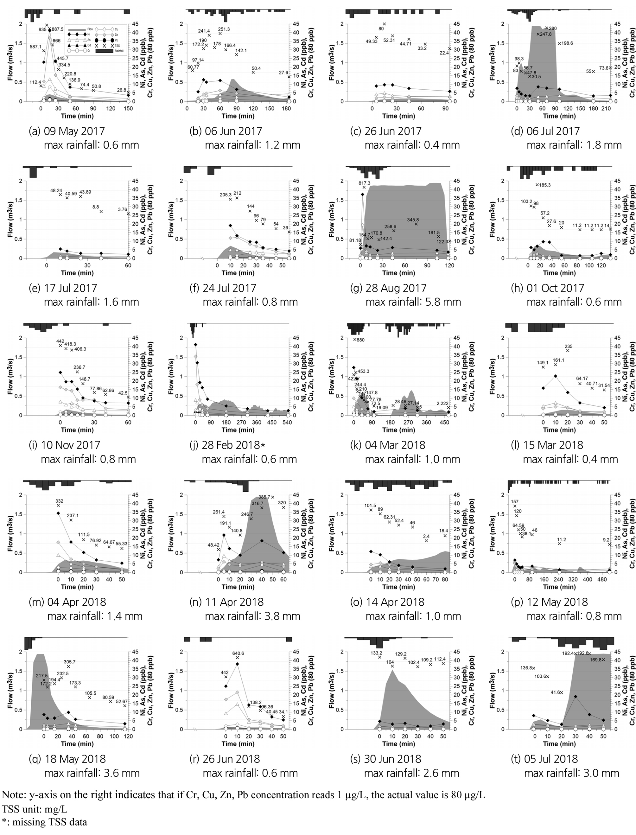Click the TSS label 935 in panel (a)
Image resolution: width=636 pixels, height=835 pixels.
pos(42,29)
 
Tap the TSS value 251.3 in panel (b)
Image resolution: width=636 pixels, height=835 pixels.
pos(224,29)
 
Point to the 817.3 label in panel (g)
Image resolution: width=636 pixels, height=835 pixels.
pos(364,183)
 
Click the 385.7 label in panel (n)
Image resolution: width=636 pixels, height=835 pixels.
pos(264,497)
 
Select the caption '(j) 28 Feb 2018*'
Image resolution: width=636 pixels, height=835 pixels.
pos(227,445)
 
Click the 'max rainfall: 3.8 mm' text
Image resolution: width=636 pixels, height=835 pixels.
pos(252,616)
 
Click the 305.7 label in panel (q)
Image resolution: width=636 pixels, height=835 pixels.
pos(70,662)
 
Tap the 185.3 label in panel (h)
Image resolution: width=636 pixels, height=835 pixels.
pos(545,185)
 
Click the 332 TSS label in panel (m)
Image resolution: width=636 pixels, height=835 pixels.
pos(59,501)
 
